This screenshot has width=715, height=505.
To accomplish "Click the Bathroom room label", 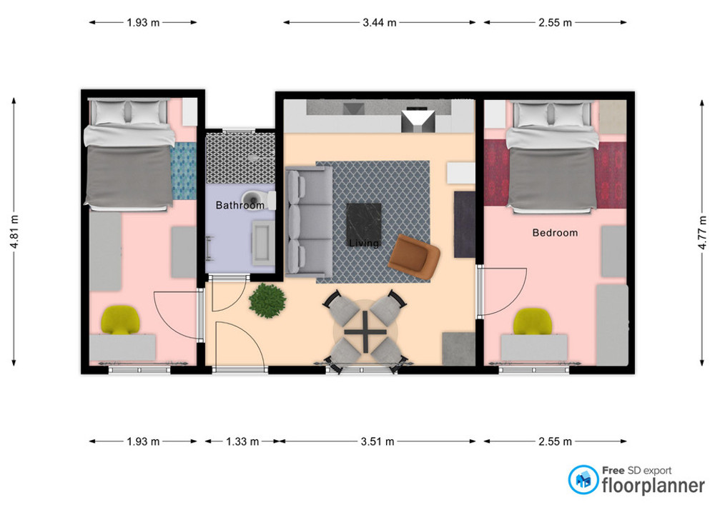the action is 240,206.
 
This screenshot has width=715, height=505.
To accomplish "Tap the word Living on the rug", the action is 364,243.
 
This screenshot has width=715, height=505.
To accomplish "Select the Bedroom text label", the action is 555,233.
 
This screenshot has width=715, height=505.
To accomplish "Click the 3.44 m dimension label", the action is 380,22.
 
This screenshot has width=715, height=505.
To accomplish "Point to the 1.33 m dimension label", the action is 242,441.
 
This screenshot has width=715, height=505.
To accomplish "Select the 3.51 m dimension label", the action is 378,441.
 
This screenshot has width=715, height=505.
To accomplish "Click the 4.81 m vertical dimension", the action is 14,231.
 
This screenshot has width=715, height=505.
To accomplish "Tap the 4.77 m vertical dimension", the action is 702,231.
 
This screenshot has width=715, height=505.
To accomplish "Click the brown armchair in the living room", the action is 414,257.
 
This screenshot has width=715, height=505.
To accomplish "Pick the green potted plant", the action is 267,301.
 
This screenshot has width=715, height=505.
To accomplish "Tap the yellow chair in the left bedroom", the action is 120,320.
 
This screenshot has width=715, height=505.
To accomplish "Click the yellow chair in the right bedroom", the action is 533,321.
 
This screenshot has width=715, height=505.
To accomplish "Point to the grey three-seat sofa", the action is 309,221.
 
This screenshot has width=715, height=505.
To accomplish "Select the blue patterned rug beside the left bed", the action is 183,171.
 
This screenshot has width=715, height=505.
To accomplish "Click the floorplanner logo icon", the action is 583,479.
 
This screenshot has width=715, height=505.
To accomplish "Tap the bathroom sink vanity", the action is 263,243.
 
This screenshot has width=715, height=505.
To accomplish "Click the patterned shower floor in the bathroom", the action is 240,158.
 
